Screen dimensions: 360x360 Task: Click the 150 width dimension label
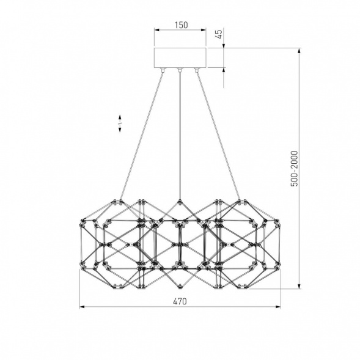coord(181,25)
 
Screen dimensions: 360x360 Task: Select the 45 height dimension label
coord(219,34)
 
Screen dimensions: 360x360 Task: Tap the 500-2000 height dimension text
coord(294,169)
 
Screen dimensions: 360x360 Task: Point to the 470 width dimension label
coord(180,301)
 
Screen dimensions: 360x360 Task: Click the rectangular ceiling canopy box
coord(180,58)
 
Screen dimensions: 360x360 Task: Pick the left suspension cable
coord(142,136)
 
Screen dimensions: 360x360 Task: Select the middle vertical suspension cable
coord(180,136)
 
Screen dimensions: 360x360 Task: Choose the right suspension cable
coord(219,136)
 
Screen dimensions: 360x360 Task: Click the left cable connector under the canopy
coord(163,70)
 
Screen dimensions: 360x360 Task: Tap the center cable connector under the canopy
coord(180,70)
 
